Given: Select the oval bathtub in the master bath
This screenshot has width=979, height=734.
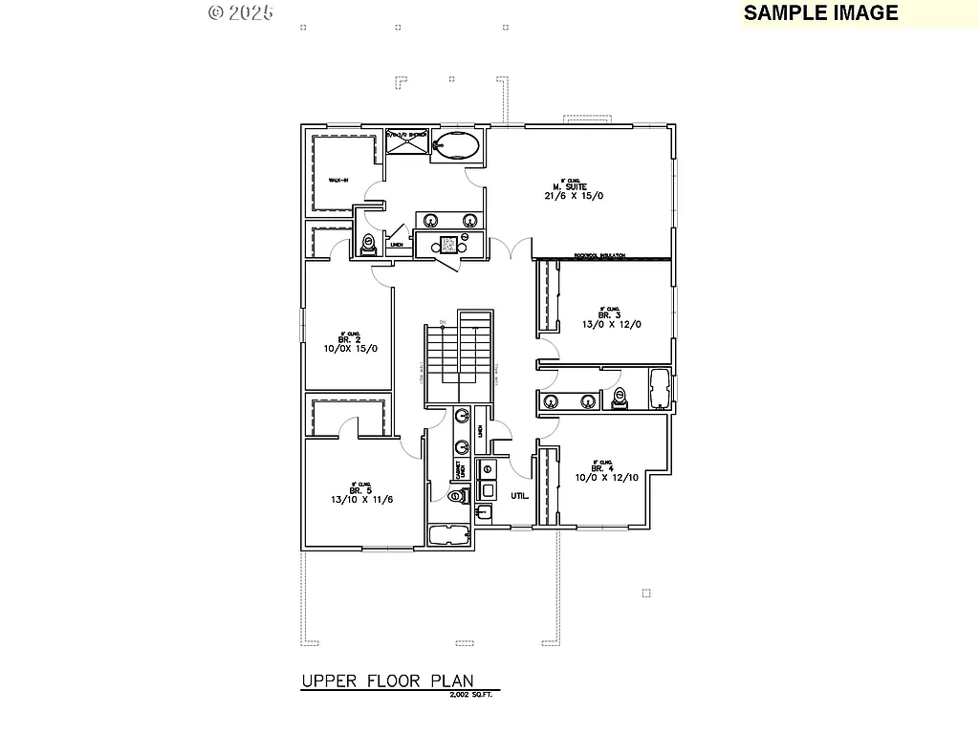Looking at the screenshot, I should pyautogui.click(x=456, y=146).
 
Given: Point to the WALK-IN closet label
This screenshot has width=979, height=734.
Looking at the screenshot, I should pyautogui.click(x=338, y=180).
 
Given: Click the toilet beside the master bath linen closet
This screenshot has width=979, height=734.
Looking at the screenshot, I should pyautogui.click(x=369, y=245).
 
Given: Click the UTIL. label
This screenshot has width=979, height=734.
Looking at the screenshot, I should pyautogui.click(x=520, y=496).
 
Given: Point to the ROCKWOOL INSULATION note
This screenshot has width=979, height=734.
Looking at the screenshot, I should pyautogui.click(x=599, y=255).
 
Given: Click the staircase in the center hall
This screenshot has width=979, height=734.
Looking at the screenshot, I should pyautogui.click(x=459, y=358).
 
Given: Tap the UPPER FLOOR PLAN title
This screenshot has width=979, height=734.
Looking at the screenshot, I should pyautogui.click(x=388, y=680).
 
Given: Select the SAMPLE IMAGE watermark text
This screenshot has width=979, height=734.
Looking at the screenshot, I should pyautogui.click(x=820, y=12).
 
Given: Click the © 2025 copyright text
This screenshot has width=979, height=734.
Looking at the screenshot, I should pyautogui.click(x=241, y=12).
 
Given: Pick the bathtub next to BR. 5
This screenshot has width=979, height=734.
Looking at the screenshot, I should pyautogui.click(x=448, y=535).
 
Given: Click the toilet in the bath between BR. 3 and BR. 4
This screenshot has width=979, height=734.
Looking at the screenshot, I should pyautogui.click(x=620, y=398).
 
